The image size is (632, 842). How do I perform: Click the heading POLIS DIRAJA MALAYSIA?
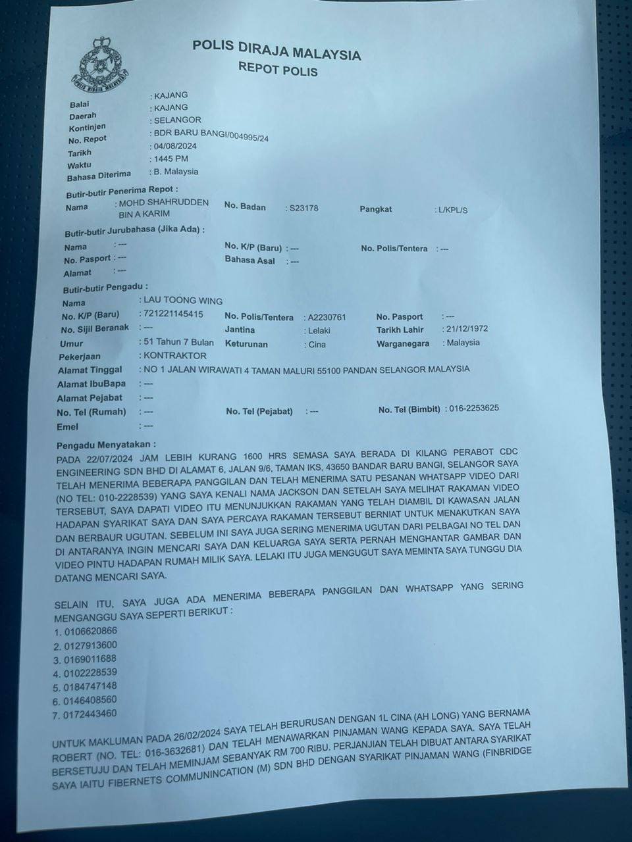[x=276, y=50]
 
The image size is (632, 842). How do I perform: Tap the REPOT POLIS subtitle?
[x=277, y=69]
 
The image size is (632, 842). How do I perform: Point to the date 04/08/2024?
[x=174, y=146]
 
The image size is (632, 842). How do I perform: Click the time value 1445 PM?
[x=169, y=159]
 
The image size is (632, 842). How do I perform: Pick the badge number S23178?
[x=303, y=208]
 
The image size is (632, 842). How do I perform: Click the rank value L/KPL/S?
[x=451, y=210]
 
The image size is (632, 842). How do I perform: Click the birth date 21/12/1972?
[x=466, y=329]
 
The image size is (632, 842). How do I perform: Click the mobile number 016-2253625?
[x=474, y=408]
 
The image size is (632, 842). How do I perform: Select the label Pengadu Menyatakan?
[x=107, y=445]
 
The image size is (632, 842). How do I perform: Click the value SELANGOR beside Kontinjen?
[x=177, y=120]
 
